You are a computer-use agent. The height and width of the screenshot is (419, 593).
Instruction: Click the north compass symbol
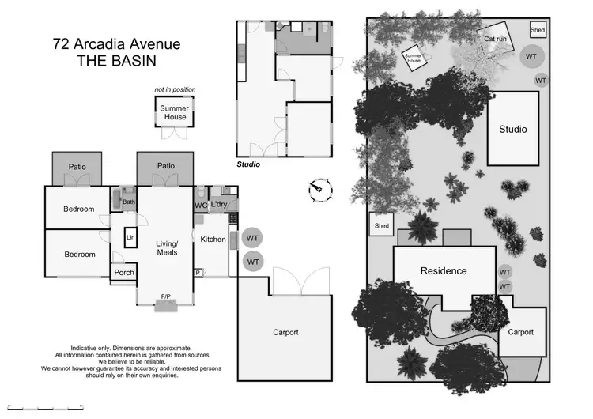coord(319,189)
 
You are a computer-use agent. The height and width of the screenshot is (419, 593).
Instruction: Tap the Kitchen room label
coord(213,240)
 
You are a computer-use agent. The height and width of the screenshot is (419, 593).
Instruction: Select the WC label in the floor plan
coord(201,206)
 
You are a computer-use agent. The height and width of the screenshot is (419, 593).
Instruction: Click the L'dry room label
coord(219,206)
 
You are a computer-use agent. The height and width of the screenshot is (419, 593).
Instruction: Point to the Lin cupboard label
coord(130,237)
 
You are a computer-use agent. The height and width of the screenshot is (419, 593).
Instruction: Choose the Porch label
coord(124,273)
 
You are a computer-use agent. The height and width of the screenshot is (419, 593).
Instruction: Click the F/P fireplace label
coord(166,296)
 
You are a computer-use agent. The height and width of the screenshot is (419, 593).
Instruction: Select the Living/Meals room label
coord(166,247)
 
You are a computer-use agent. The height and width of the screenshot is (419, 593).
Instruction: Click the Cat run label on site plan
coord(495,38)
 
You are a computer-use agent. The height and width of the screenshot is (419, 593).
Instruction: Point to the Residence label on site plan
coord(443,271)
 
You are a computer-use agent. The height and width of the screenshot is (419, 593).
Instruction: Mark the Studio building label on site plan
coord(512,130)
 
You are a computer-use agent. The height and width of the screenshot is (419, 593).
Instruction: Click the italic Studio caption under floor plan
coord(249,165)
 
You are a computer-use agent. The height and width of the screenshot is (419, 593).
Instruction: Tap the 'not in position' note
coord(175,90)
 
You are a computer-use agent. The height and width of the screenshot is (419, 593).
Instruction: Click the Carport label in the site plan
coord(521,332)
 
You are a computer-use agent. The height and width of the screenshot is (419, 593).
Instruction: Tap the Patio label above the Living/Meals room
coord(165,166)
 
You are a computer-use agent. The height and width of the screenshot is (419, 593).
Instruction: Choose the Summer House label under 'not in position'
coord(175,112)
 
